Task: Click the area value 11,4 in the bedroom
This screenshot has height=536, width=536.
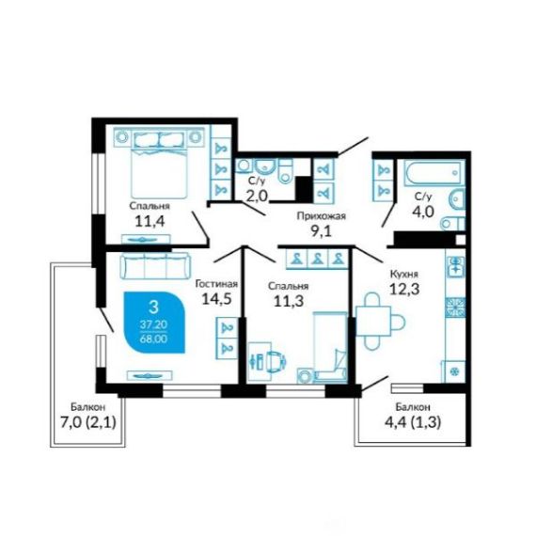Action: click(150, 222)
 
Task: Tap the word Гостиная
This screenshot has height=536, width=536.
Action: click(216, 284)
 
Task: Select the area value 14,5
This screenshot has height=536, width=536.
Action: click(216, 299)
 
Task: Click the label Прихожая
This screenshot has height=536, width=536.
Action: click(322, 216)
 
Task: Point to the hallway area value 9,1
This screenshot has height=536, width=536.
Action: click(321, 231)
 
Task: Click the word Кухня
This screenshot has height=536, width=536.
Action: click(404, 275)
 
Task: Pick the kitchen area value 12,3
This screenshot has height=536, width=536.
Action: click(404, 290)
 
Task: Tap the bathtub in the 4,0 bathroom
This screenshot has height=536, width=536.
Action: click(434, 173)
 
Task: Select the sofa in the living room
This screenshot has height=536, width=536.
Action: click(154, 265)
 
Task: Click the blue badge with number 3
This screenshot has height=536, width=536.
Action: click(154, 322)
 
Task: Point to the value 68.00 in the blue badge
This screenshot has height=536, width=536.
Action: click(154, 339)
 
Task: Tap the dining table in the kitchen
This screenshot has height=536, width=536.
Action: click(373, 322)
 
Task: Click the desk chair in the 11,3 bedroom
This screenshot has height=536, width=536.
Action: click(276, 361)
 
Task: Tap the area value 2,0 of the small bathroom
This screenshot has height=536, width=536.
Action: click(257, 197)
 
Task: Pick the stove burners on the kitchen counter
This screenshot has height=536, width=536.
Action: click(455, 307)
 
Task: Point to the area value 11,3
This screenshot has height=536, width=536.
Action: click(289, 301)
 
